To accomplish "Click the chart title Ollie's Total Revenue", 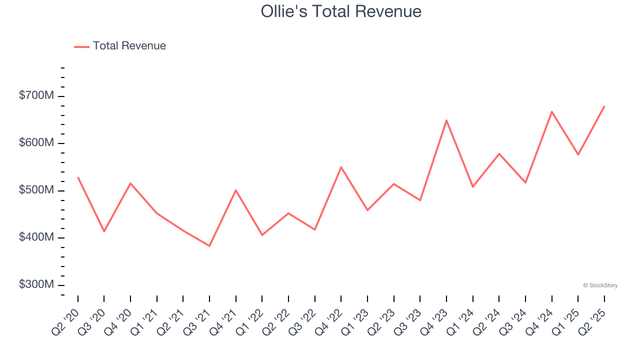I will pyautogui.click(x=341, y=11).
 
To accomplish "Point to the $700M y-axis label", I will pyautogui.click(x=36, y=95).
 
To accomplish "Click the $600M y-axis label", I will pyautogui.click(x=36, y=143).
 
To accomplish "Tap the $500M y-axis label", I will pyautogui.click(x=36, y=190).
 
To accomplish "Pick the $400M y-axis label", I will pyautogui.click(x=36, y=237).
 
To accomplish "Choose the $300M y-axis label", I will pyautogui.click(x=36, y=285).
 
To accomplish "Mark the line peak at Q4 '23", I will pyautogui.click(x=446, y=120).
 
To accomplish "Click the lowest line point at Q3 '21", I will pyautogui.click(x=209, y=246).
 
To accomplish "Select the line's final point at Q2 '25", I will pyautogui.click(x=604, y=106).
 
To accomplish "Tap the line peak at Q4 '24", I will pyautogui.click(x=551, y=111).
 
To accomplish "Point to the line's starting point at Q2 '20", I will pyautogui.click(x=78, y=177).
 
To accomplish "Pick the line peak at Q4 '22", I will pyautogui.click(x=341, y=167).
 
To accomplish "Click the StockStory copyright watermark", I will pyautogui.click(x=600, y=285).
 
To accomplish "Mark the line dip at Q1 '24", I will pyautogui.click(x=472, y=187).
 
